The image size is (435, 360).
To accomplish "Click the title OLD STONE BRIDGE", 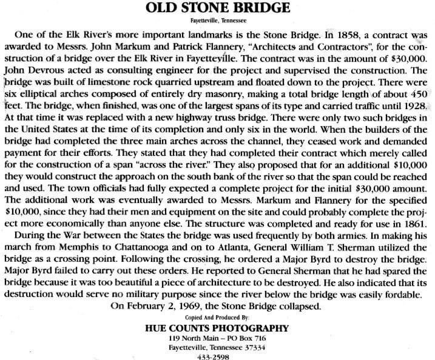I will (218, 8).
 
